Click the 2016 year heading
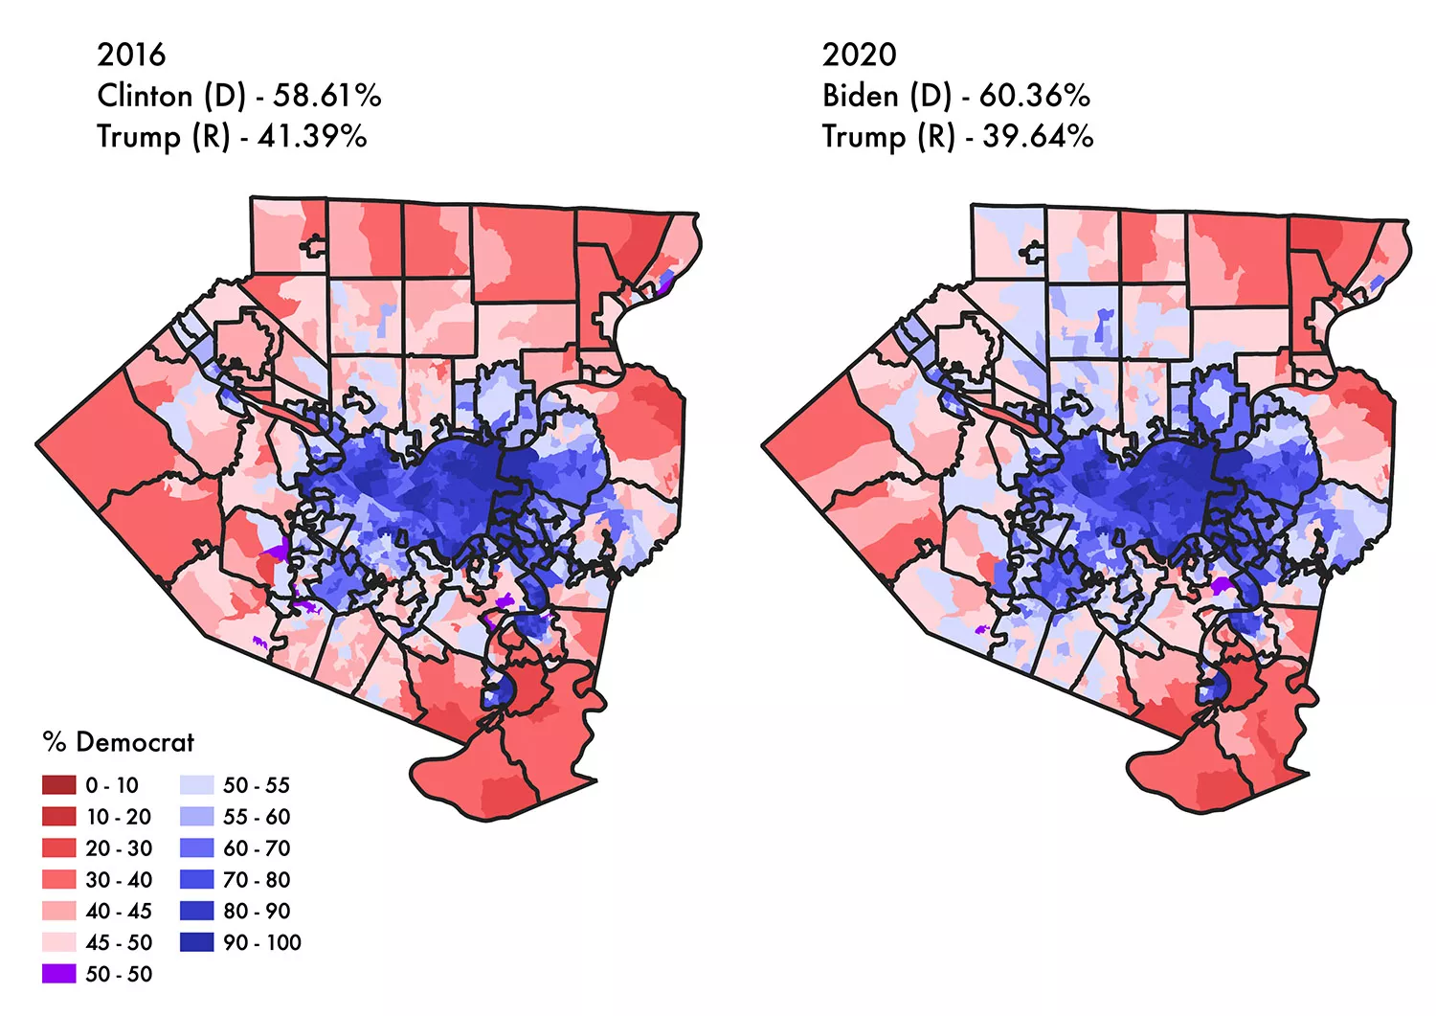[131, 55]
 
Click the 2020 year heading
[859, 55]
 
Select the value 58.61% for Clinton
[327, 96]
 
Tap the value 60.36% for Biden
[1034, 96]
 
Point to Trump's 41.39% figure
[312, 137]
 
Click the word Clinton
[145, 96]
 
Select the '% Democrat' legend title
[118, 742]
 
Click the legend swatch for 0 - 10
[58, 785]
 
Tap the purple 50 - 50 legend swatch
[58, 974]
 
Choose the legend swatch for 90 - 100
[196, 942]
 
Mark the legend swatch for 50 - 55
[196, 785]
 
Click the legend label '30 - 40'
[119, 880]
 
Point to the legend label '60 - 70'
[257, 848]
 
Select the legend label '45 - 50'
[119, 942]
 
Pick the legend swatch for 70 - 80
[196, 880]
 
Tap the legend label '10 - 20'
[119, 817]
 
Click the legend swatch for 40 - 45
[58, 911]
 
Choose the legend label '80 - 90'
[257, 911]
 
